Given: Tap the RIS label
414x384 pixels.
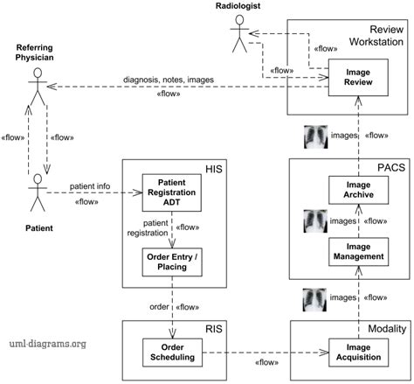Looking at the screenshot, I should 212,330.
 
